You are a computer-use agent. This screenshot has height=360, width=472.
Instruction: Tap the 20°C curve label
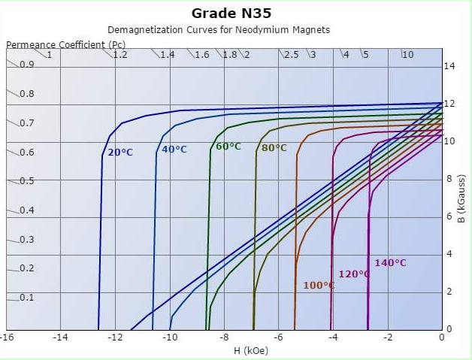120,153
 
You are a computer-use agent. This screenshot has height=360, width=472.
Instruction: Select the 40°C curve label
174,150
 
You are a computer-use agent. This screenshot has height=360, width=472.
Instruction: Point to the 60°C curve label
228,147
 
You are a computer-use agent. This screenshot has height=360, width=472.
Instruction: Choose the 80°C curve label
274,148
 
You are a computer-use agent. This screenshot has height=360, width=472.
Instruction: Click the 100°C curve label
319,286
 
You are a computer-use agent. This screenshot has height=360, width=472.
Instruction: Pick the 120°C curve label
354,274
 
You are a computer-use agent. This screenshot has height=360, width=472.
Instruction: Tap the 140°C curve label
390,263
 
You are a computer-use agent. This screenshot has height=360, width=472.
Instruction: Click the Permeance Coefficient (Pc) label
66,44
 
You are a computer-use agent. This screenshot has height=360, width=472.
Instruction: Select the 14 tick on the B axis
449,66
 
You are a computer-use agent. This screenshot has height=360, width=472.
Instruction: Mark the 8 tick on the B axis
449,179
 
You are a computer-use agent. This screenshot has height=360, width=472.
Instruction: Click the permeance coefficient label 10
407,55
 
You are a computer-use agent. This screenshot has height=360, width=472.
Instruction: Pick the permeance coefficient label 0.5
27,181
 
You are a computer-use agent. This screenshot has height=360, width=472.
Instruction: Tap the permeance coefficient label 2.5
291,55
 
